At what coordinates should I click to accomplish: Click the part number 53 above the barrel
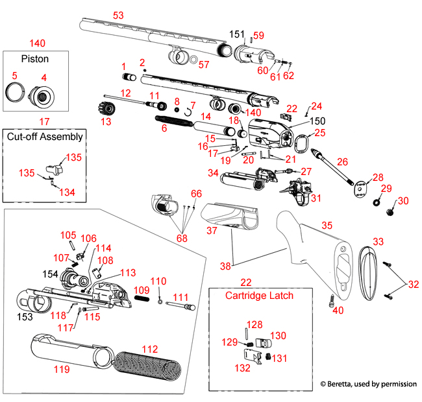tap(118, 14)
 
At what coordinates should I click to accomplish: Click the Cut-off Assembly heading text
tap(45, 136)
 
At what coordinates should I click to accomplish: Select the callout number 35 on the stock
tap(327, 225)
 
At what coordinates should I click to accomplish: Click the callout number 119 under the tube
tap(61, 368)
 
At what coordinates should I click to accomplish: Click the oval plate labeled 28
tap(358, 189)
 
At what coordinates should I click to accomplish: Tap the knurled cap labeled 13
tap(106, 106)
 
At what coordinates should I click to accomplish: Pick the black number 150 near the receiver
tap(300, 121)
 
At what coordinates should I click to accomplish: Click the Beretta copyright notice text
tap(368, 384)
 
